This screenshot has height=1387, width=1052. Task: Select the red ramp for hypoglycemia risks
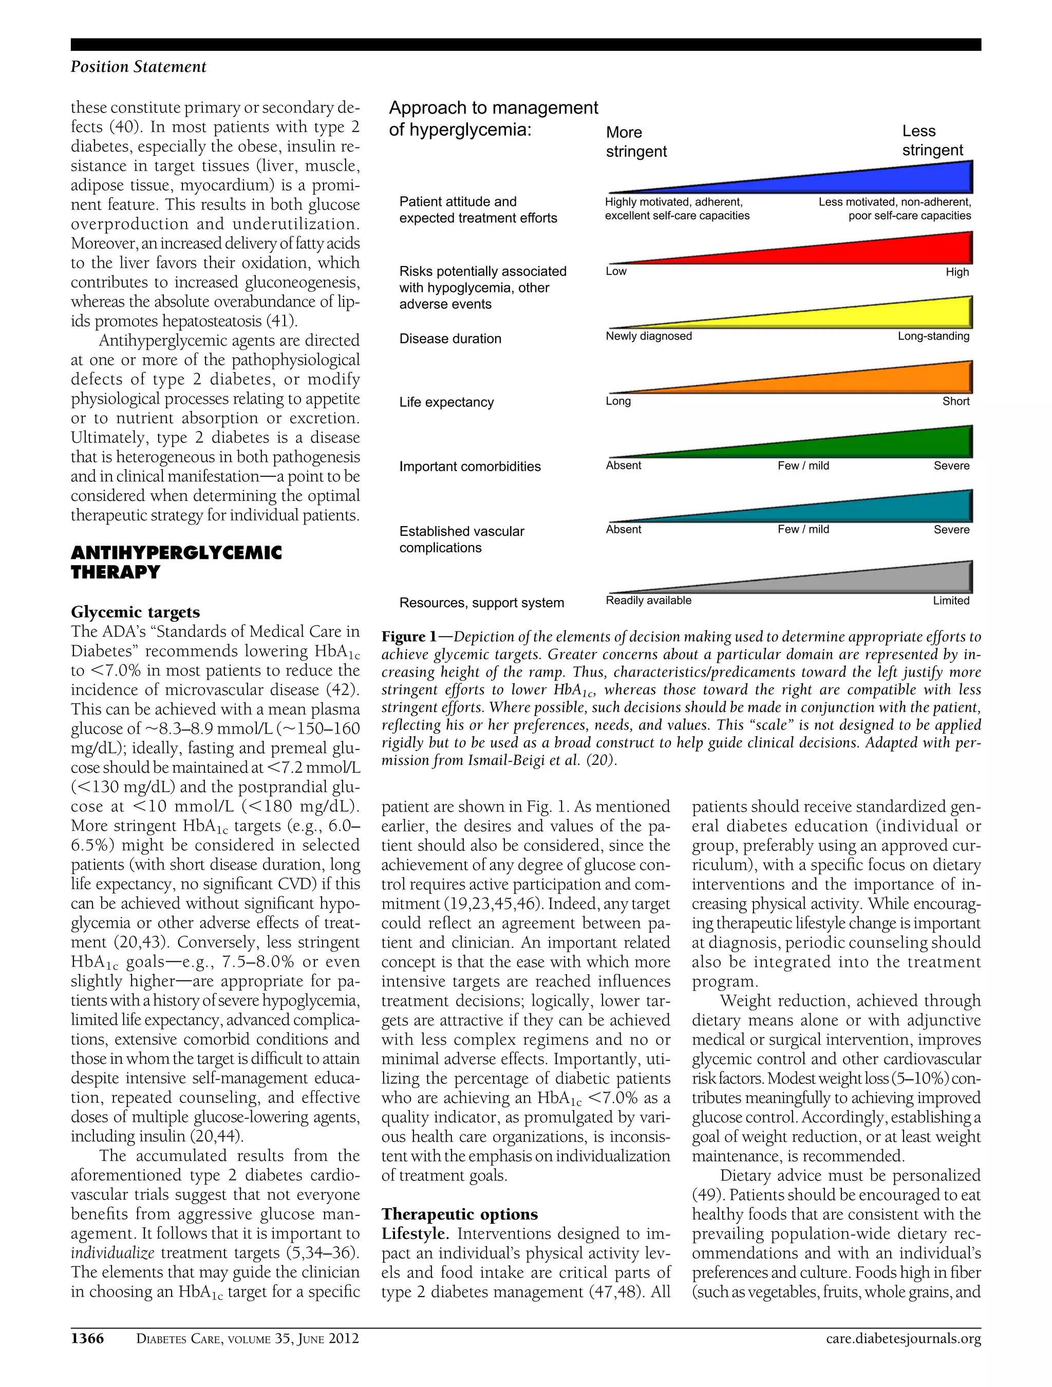[878, 251]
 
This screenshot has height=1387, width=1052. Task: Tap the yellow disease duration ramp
[878, 315]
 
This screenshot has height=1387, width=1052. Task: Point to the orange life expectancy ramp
[878, 380]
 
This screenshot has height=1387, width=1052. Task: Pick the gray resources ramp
[878, 580]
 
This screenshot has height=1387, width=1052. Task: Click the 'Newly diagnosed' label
[648, 336]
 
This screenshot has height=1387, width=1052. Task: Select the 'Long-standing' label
[933, 336]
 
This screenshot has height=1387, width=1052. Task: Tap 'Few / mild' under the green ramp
[803, 465]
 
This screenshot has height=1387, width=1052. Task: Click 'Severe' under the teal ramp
[951, 529]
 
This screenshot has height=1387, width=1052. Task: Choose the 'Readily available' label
[648, 600]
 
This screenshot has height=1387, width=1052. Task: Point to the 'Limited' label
[950, 601]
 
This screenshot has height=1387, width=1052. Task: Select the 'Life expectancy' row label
[446, 402]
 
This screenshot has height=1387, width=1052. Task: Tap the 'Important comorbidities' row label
[469, 466]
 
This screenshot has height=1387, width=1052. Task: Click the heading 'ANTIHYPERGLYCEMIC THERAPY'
[176, 562]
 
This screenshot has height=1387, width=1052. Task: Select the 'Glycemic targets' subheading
[136, 612]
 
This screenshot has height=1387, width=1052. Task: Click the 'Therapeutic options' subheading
[460, 1214]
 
